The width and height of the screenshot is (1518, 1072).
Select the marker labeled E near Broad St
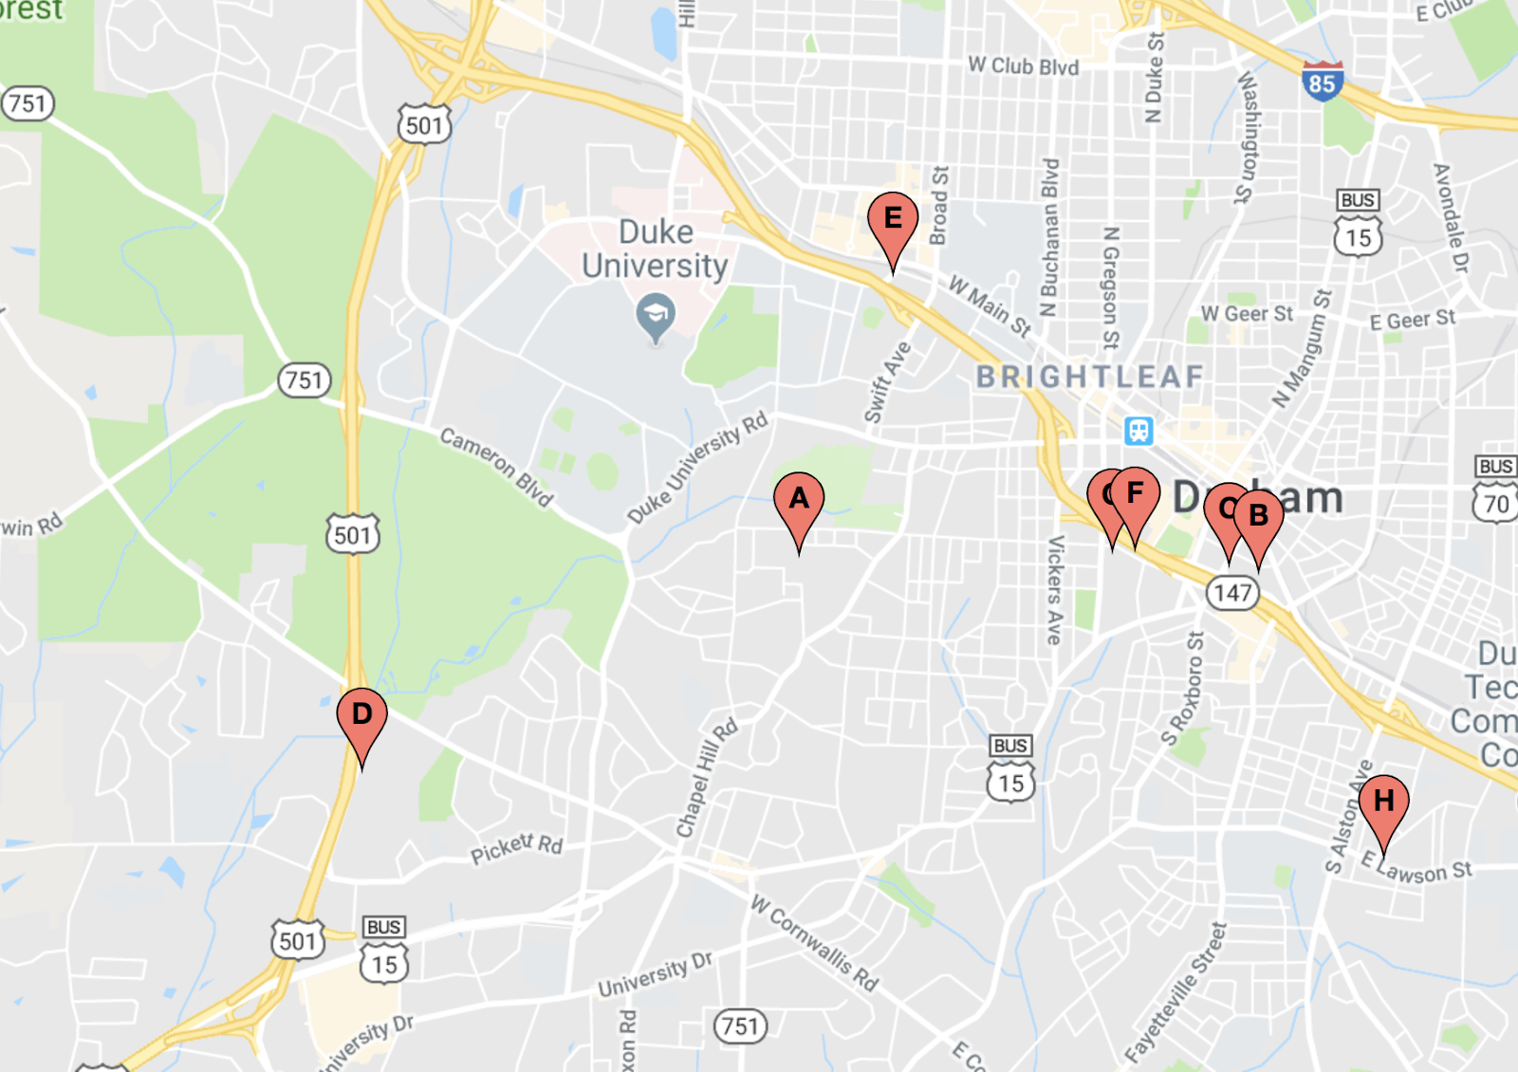pyautogui.click(x=893, y=220)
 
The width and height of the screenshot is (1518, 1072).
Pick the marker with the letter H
pyautogui.click(x=1383, y=803)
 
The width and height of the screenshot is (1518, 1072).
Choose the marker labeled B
pyautogui.click(x=1259, y=517)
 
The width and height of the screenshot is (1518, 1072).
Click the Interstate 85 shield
pyautogui.click(x=1322, y=82)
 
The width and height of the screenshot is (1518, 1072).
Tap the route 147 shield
pyautogui.click(x=1232, y=593)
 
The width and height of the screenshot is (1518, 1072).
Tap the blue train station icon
pyautogui.click(x=1138, y=431)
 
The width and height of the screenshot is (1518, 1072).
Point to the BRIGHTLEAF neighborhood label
pyautogui.click(x=1089, y=377)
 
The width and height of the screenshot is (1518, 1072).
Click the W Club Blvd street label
pyautogui.click(x=1023, y=65)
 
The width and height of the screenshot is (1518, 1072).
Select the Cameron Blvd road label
pyautogui.click(x=495, y=466)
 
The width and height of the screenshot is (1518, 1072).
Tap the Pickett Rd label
pyautogui.click(x=516, y=847)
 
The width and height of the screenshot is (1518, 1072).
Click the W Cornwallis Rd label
pyautogui.click(x=814, y=942)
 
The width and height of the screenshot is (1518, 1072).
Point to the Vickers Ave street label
pyautogui.click(x=1054, y=589)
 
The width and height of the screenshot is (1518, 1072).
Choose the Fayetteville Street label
pyautogui.click(x=1176, y=992)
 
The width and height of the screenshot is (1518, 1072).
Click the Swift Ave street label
pyautogui.click(x=886, y=382)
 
